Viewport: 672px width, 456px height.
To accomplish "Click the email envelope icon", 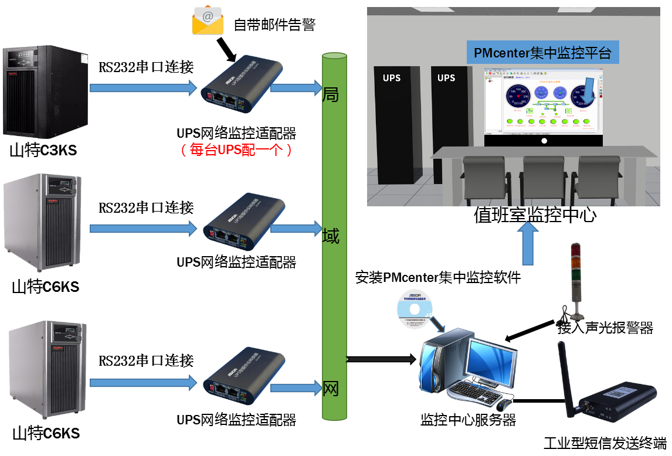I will click(208, 20).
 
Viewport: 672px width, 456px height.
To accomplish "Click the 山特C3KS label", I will click(43, 151).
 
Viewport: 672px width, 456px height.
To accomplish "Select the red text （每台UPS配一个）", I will click(236, 149).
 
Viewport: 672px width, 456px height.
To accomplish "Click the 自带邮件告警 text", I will click(274, 25).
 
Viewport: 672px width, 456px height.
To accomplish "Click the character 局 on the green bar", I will click(331, 94).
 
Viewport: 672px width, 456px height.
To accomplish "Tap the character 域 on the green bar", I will click(331, 237).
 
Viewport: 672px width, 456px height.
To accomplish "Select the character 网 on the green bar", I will click(331, 388).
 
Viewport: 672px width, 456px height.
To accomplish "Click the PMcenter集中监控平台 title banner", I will click(542, 54).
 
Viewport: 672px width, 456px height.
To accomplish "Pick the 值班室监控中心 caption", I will click(535, 215).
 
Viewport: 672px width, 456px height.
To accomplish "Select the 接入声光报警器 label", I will click(605, 328).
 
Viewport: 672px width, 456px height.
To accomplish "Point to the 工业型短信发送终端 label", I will click(605, 443).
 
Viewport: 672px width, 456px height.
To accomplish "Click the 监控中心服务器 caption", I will click(468, 420).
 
